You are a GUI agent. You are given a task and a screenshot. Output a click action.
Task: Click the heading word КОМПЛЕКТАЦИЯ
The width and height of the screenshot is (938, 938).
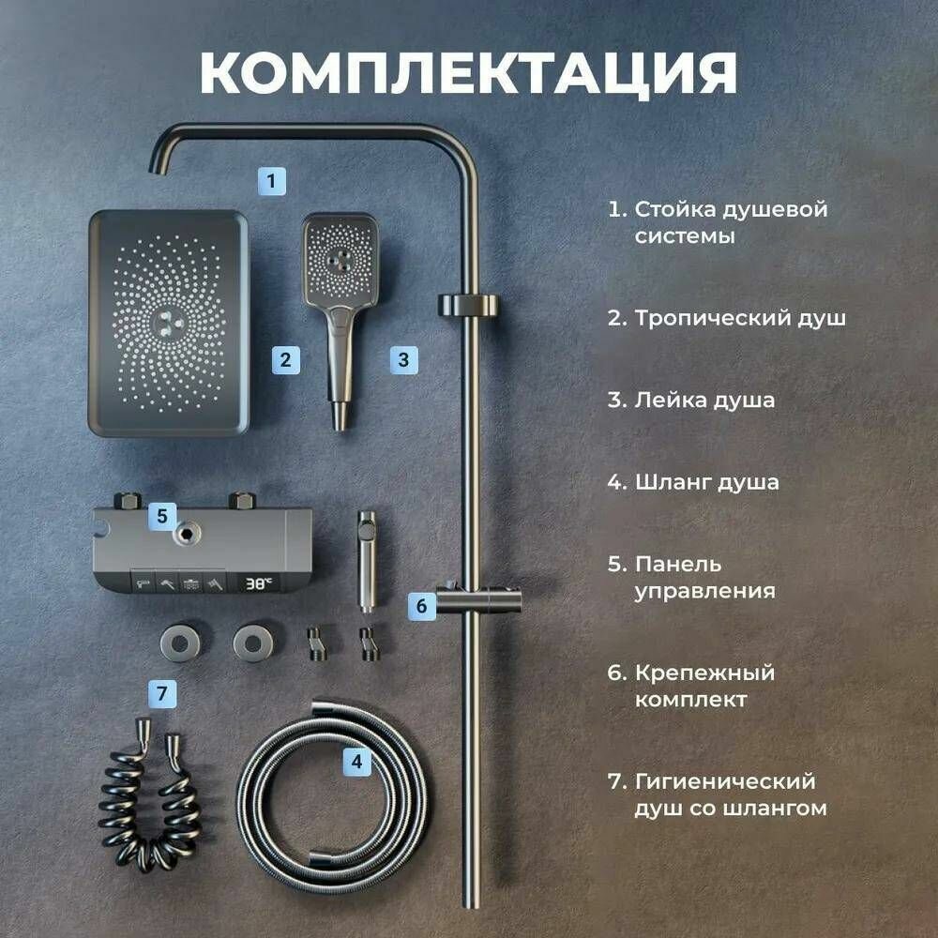[x=469, y=73]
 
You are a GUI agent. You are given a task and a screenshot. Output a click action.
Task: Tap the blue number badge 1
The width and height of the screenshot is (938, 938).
[x=271, y=179]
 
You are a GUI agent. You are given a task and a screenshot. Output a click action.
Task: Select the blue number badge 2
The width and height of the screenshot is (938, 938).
[x=286, y=359]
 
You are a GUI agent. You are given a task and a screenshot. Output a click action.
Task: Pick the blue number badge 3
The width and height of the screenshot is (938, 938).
[x=403, y=359]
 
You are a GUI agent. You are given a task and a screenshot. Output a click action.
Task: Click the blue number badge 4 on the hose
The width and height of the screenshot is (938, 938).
[x=356, y=762]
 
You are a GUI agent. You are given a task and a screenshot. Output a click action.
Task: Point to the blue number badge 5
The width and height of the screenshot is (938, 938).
[x=162, y=515]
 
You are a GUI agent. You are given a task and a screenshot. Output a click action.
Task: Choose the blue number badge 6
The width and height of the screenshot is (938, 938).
[x=421, y=606]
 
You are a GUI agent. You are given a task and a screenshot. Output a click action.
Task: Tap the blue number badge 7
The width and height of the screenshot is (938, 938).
[x=162, y=694]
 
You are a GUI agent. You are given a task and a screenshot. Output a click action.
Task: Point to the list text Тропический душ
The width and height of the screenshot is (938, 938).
[x=740, y=318]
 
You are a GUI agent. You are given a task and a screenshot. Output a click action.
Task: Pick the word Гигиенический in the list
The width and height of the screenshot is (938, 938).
[x=725, y=781]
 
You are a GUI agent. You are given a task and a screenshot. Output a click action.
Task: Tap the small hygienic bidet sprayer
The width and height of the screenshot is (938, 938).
[x=367, y=558]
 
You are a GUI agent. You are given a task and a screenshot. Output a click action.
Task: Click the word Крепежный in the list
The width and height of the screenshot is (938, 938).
[x=704, y=673]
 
